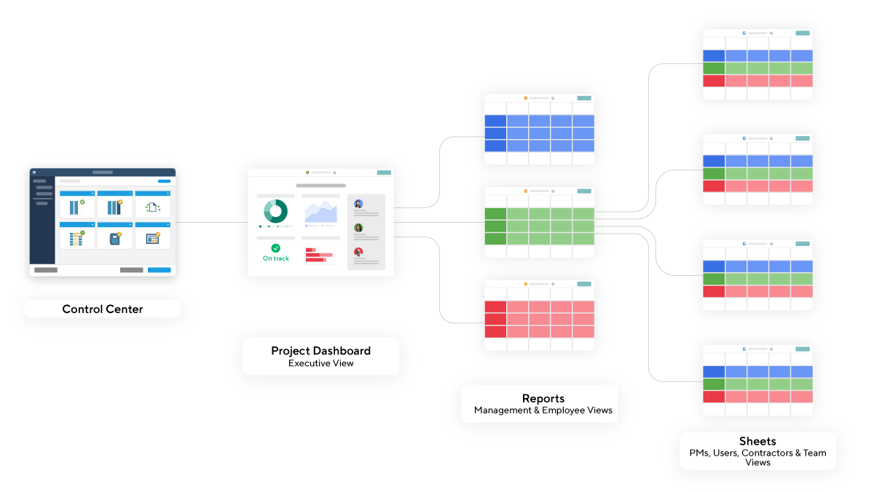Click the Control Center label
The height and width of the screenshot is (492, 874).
103,309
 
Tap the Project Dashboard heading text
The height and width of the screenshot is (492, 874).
320,351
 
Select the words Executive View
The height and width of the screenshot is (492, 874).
320,363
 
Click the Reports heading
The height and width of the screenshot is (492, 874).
543,398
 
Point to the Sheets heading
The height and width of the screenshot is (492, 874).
757,441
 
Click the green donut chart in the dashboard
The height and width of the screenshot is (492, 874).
276,211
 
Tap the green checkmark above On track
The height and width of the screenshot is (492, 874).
276,248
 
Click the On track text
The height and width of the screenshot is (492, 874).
276,258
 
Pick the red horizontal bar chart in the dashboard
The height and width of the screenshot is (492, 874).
319,255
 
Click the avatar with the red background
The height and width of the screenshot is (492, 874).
358,252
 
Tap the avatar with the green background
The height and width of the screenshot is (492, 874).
358,228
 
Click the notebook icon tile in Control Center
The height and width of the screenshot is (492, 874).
115,238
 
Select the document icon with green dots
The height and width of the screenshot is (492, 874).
153,207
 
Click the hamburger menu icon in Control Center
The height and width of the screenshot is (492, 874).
34,172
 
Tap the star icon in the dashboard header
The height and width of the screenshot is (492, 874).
334,172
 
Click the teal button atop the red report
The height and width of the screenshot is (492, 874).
584,284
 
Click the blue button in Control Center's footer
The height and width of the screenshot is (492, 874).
159,270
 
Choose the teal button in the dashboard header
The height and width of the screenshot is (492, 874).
384,172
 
